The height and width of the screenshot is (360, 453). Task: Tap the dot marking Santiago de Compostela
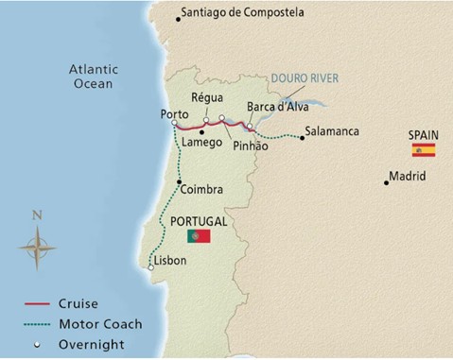[x=180, y=16]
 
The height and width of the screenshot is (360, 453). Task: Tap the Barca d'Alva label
[x=272, y=107]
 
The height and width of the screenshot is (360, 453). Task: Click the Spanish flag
[x=423, y=150]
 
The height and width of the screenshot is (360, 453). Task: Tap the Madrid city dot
[x=387, y=181]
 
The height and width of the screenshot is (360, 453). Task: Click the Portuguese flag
[x=198, y=235]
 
